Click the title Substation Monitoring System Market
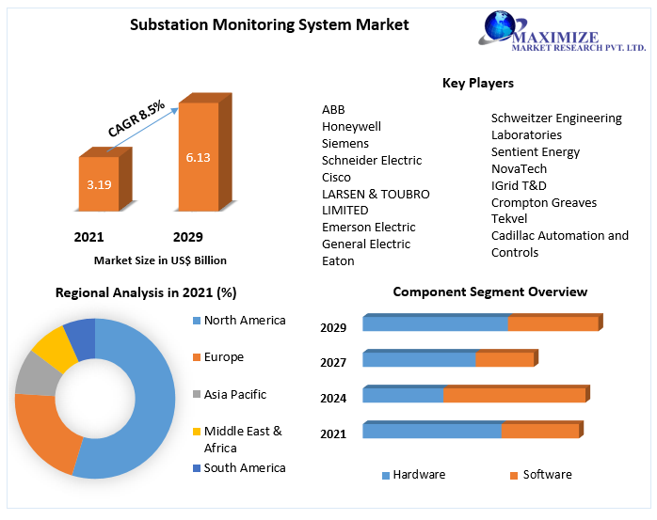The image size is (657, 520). pos(269,24)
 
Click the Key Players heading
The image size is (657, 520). pos(477,84)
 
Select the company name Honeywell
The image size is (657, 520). pos(351,127)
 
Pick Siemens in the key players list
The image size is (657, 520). pos(345,144)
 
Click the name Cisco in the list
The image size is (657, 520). pos(336,178)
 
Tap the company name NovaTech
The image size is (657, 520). pos(519,169)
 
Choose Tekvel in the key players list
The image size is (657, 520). pos(509,219)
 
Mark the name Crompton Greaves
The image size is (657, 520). pos(543,202)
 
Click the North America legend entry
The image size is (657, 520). pos(244,321)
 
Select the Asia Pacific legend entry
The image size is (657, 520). pos(234,395)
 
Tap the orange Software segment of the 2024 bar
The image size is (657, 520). pos(514,395)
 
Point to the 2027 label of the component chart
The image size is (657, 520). pos(333,363)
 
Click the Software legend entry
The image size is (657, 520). pos(547,475)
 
